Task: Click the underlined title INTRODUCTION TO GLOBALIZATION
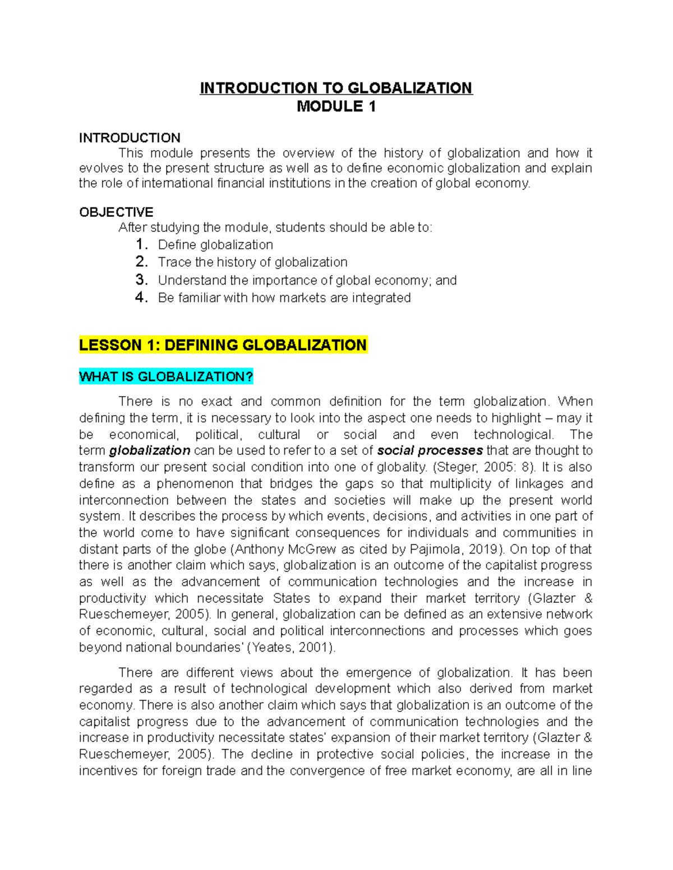point(336,89)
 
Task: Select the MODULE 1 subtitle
point(336,106)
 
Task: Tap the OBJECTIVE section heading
point(116,212)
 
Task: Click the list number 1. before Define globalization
point(141,245)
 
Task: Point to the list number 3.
point(141,280)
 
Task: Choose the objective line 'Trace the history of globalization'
point(252,262)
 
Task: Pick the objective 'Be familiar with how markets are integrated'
point(284,298)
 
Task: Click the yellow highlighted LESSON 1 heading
point(223,345)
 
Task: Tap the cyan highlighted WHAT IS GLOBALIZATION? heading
point(166,377)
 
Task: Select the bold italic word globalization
point(150,450)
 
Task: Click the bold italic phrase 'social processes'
point(430,450)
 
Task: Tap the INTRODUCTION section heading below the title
point(130,138)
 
